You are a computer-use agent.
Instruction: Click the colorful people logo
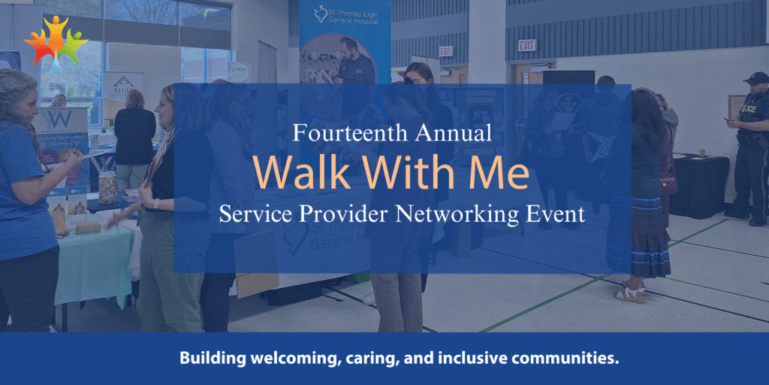56,41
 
